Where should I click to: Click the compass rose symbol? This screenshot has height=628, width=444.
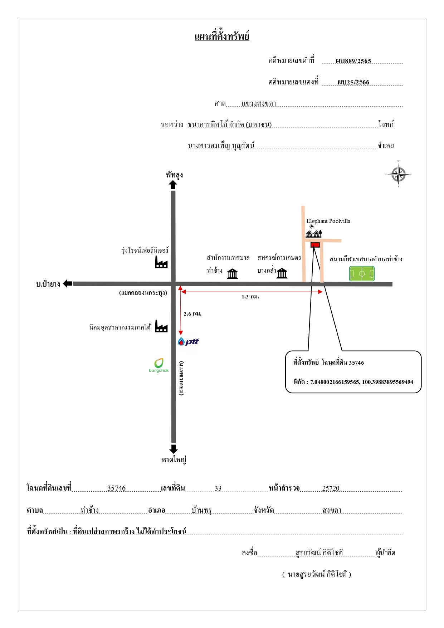pyautogui.click(x=398, y=174)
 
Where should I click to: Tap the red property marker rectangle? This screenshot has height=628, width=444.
pyautogui.click(x=315, y=245)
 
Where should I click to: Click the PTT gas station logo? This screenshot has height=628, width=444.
pyautogui.click(x=189, y=341)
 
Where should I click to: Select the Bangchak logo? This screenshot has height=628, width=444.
pyautogui.click(x=158, y=365)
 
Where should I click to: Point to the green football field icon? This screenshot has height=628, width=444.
pyautogui.click(x=362, y=274)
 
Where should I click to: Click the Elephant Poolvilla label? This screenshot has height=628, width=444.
pyautogui.click(x=328, y=221)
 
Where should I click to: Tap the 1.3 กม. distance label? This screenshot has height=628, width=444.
pyautogui.click(x=250, y=297)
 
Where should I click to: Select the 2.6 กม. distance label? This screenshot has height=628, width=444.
pyautogui.click(x=192, y=314)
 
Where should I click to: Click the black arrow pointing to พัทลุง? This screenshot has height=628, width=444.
pyautogui.click(x=173, y=185)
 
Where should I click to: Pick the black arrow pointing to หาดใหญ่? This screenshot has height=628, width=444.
pyautogui.click(x=174, y=449)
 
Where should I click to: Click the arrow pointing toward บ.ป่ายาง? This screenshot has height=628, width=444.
pyautogui.click(x=68, y=284)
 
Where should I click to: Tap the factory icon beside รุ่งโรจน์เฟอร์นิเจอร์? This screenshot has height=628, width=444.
pyautogui.click(x=161, y=262)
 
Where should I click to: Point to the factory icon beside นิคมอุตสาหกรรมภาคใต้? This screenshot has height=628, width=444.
pyautogui.click(x=161, y=326)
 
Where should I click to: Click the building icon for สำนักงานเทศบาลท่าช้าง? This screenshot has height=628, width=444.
pyautogui.click(x=233, y=274)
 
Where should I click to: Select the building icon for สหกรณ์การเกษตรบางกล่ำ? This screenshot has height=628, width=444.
pyautogui.click(x=282, y=273)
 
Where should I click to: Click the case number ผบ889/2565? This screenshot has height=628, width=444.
pyautogui.click(x=353, y=61)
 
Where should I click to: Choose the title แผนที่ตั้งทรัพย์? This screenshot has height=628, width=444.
pyautogui.click(x=222, y=36)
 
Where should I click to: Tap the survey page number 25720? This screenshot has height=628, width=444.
pyautogui.click(x=331, y=488)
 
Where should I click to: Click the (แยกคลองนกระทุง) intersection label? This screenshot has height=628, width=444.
pyautogui.click(x=143, y=293)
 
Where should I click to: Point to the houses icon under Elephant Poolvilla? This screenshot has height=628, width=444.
pyautogui.click(x=314, y=234)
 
